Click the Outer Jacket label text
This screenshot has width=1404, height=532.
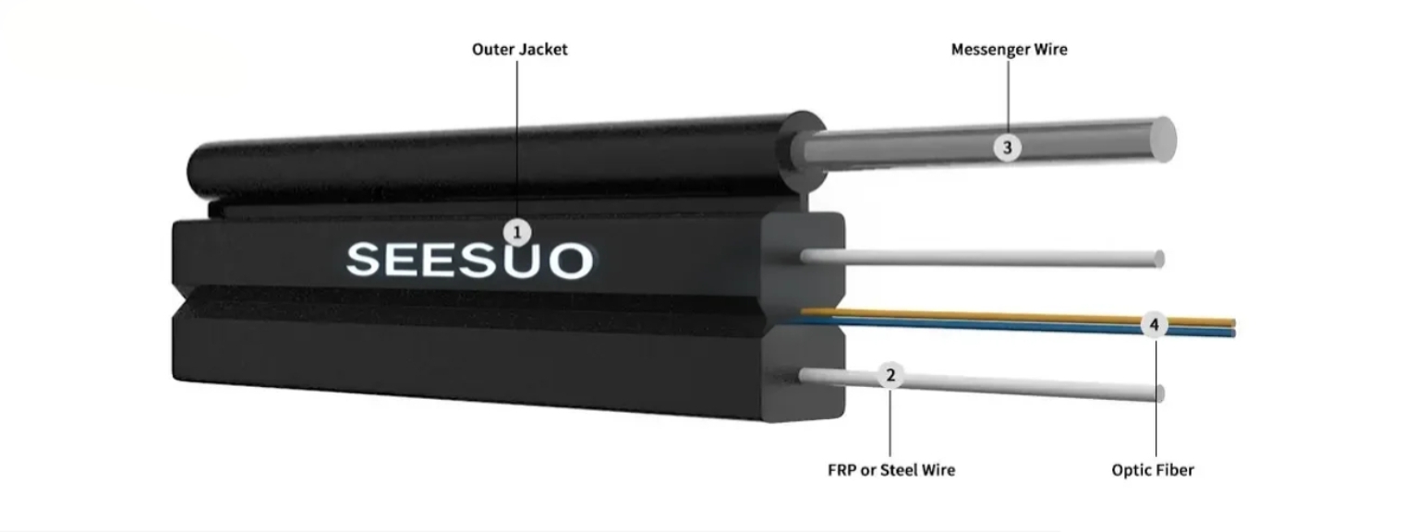point(519,50)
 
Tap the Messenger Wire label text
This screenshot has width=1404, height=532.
point(1009,50)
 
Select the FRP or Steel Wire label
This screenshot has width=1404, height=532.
point(890,470)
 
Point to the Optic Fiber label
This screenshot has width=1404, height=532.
point(1152,470)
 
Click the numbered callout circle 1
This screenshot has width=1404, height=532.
point(517,232)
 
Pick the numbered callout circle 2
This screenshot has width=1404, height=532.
point(890,375)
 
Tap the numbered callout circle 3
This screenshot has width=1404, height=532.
point(1008,147)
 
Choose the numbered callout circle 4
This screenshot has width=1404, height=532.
point(1154,325)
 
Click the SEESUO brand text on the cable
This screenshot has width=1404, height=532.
point(469,260)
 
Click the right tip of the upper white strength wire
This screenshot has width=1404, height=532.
point(1159,259)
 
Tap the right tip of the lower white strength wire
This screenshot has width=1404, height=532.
point(1159,393)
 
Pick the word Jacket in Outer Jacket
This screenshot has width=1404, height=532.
point(542,50)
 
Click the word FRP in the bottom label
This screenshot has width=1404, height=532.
point(841,470)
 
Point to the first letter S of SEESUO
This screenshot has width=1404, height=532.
point(364,260)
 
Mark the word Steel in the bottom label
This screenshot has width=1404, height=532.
point(902,470)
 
